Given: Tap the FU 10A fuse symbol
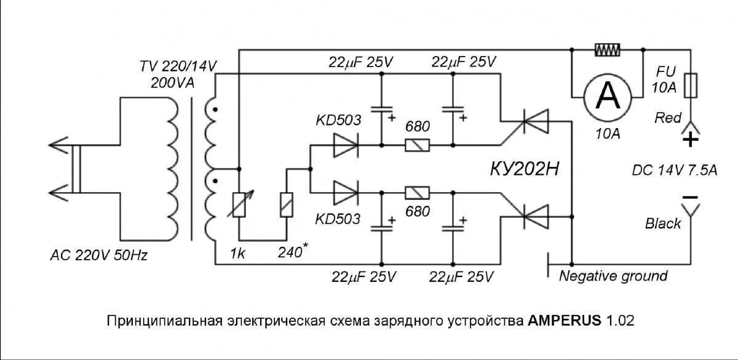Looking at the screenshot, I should pos(691,85).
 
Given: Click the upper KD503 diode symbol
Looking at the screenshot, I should pos(345,146).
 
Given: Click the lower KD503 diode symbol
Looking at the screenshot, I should pos(345,192).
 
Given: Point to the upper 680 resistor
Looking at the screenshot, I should pos(416,146).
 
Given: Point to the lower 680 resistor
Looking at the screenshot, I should pos(417,193).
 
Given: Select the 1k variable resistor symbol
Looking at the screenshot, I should pos(238,205).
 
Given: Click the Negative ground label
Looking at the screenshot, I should pos(613,276).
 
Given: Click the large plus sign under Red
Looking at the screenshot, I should pos(691,140).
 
